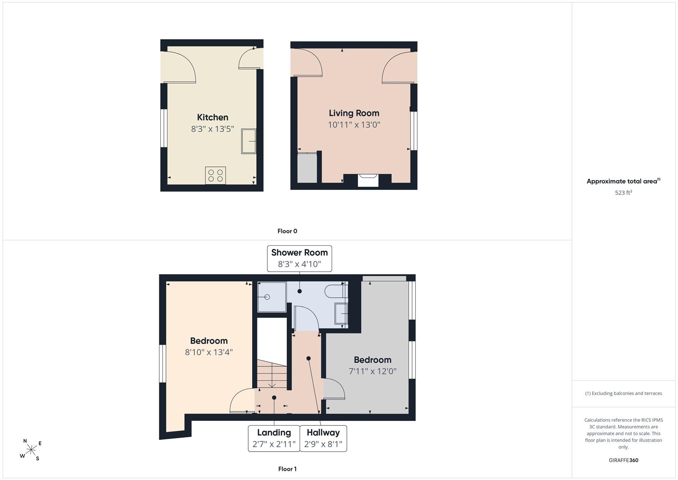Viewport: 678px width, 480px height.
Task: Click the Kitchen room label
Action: (213, 117)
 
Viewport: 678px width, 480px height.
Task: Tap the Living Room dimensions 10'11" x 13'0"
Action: (354, 124)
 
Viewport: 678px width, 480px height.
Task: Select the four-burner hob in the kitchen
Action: (215, 176)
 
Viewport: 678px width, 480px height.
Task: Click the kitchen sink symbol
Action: (249, 141)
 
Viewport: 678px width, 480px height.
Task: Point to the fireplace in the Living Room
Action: (368, 180)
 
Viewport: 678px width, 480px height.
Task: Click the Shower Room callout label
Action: (299, 259)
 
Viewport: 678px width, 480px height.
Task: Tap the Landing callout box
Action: (274, 439)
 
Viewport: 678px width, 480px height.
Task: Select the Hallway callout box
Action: (323, 439)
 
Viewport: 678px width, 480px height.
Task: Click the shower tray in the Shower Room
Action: (271, 297)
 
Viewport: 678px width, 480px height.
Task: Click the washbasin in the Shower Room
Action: (341, 314)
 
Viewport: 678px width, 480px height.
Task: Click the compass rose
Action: (31, 450)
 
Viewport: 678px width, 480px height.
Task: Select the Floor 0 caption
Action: (287, 231)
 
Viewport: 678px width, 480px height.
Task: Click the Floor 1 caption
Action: (287, 469)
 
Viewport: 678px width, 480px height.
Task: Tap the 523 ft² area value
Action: (623, 192)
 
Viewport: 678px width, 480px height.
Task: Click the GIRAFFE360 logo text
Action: (623, 460)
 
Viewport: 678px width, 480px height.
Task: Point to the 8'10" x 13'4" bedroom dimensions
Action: (209, 352)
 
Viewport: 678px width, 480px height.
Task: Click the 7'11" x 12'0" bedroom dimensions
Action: (373, 371)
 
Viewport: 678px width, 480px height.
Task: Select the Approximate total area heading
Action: (623, 181)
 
